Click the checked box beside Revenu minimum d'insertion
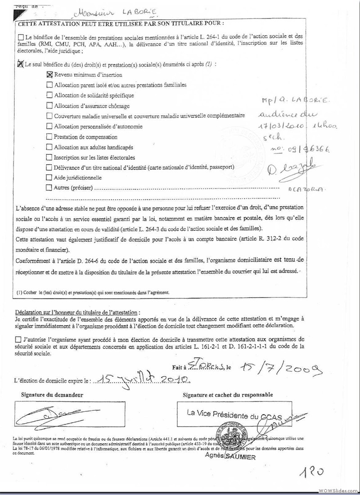49,75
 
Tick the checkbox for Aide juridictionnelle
49,178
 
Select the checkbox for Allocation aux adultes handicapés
49,147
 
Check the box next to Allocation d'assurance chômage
49,106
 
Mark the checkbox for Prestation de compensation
49,137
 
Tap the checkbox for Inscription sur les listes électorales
49,157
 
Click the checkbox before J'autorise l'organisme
18,339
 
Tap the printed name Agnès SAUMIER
230,457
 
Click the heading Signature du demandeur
52,395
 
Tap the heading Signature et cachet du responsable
227,395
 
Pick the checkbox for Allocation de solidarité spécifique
49,95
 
